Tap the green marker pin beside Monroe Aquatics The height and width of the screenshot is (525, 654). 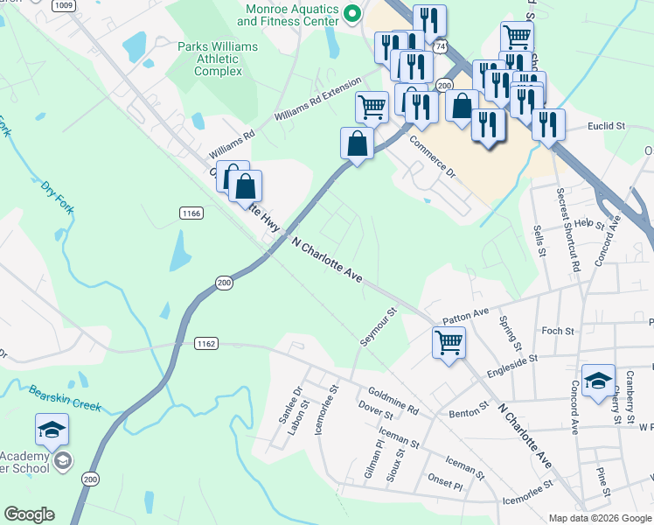click(352, 13)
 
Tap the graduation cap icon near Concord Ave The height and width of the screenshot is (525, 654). click(598, 381)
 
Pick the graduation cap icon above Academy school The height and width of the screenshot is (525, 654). click(52, 430)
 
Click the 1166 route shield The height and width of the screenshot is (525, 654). click(191, 213)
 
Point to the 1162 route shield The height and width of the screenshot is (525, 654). click(205, 344)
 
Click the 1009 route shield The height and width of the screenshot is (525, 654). click(62, 5)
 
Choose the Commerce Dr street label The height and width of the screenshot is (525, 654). click(433, 156)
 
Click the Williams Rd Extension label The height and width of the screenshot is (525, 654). click(317, 100)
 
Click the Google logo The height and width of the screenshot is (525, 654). click(29, 514)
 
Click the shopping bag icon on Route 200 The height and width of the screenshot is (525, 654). click(357, 143)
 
